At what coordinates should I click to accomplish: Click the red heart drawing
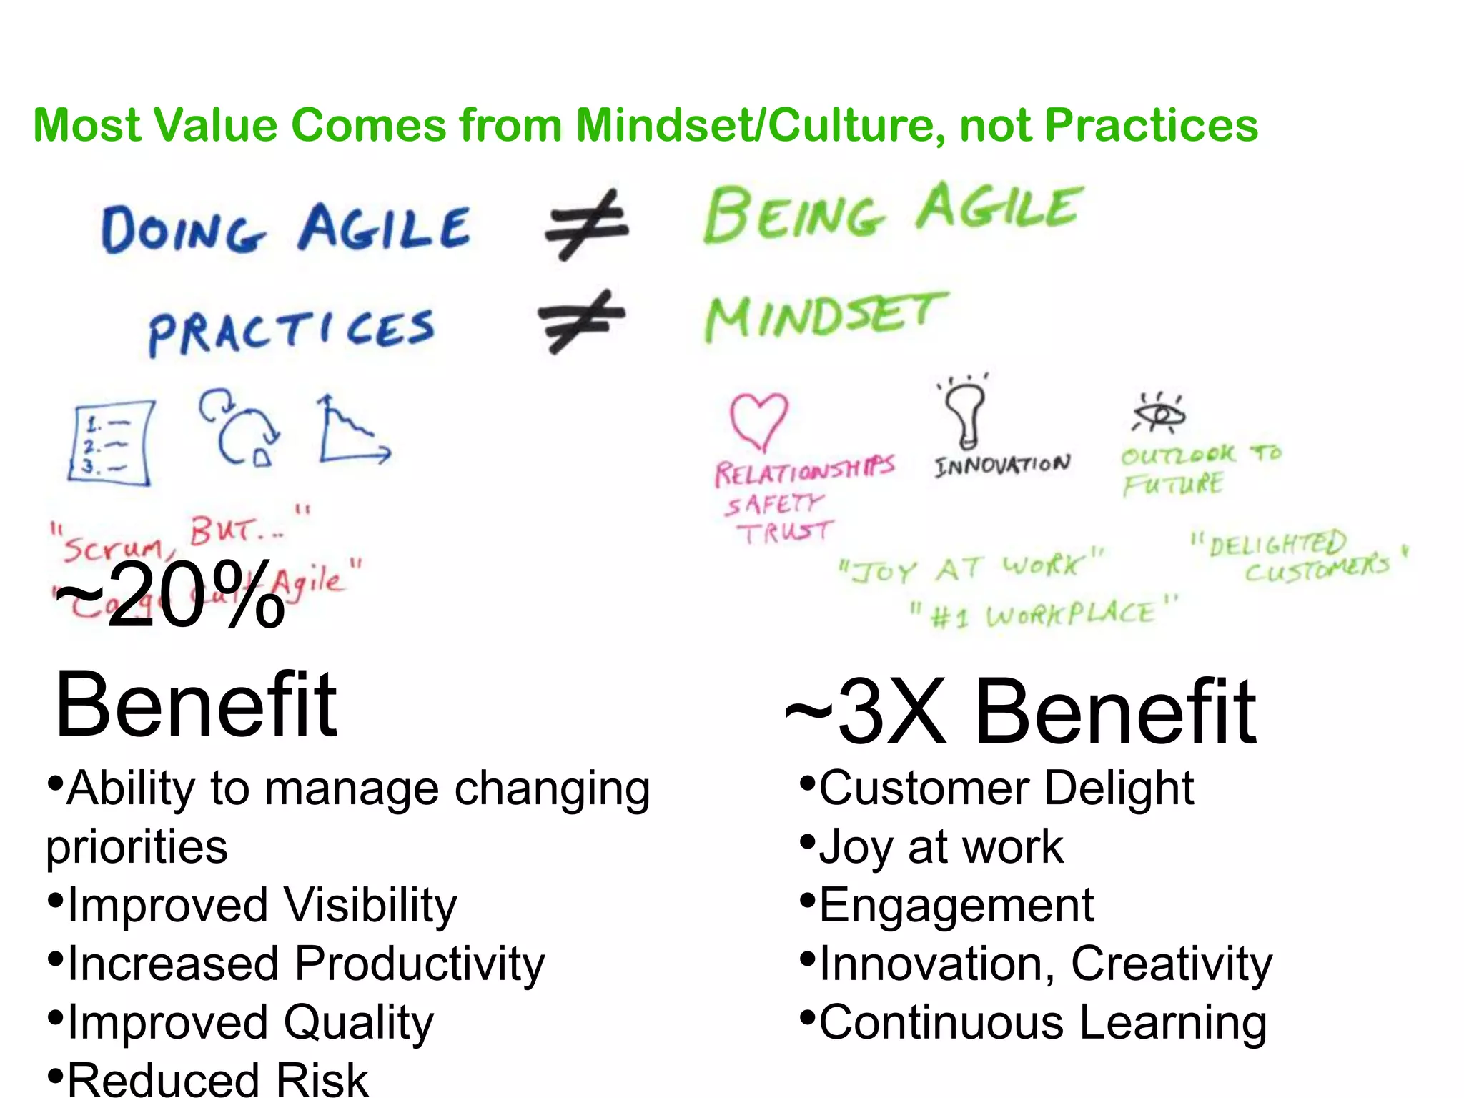pyautogui.click(x=758, y=420)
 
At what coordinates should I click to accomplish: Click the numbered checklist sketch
pyautogui.click(x=111, y=443)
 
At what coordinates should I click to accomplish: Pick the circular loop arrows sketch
pyautogui.click(x=240, y=429)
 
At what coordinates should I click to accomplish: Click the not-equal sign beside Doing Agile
pyautogui.click(x=586, y=224)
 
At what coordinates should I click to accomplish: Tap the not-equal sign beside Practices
pyautogui.click(x=581, y=321)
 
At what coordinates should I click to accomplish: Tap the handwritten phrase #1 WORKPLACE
pyautogui.click(x=1044, y=614)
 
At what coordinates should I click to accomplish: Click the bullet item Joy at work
pyautogui.click(x=940, y=847)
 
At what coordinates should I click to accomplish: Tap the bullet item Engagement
pyautogui.click(x=955, y=905)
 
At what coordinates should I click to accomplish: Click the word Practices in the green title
pyautogui.click(x=1151, y=125)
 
